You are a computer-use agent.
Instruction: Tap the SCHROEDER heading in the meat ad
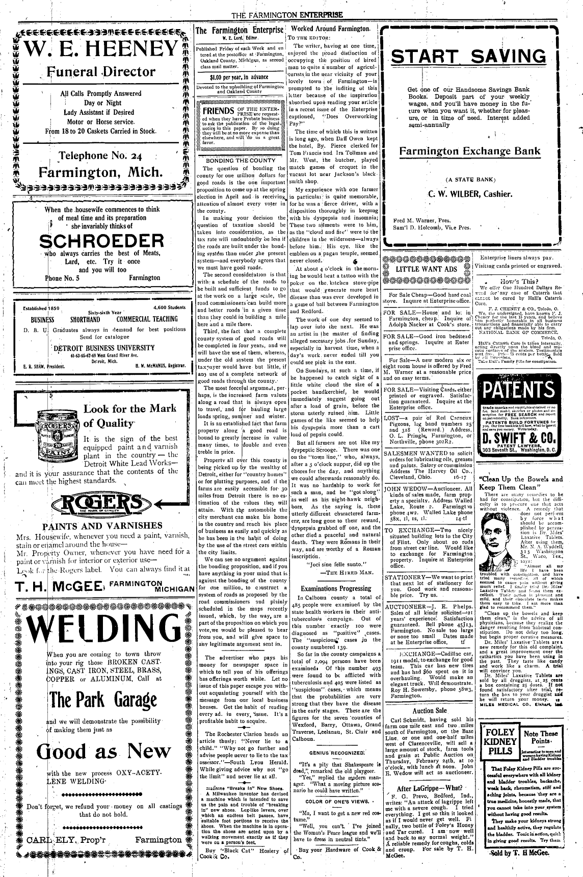tap(101, 242)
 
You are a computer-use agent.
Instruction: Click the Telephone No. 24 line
tap(99, 156)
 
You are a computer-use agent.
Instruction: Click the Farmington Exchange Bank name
tap(469, 151)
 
